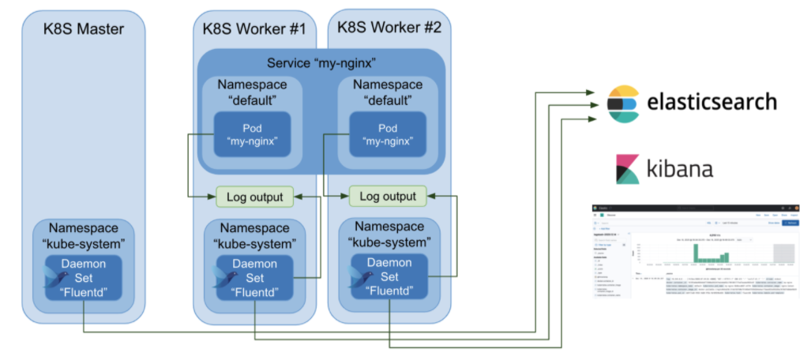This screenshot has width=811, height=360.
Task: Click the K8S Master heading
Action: pos(83,30)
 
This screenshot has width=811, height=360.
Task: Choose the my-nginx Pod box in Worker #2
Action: pos(388,135)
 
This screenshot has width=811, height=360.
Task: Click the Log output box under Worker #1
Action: pos(254,196)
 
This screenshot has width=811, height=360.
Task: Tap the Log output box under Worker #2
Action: pos(388,195)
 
